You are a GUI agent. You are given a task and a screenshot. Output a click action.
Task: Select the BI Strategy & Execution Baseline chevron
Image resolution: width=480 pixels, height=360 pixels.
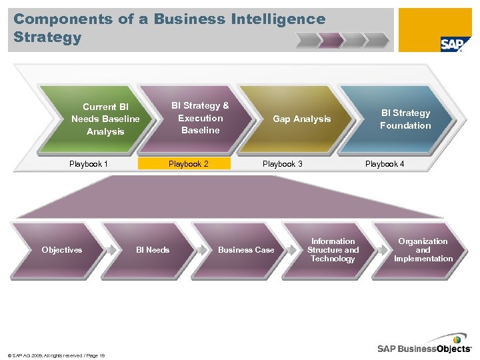point(200,118)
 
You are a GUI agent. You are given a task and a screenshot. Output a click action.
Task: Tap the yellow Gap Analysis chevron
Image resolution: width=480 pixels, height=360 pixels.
point(301,119)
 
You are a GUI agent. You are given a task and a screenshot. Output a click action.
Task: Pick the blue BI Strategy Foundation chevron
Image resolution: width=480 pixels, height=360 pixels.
point(405,119)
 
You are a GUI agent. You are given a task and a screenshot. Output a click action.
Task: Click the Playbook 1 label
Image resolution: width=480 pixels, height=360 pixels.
point(89,164)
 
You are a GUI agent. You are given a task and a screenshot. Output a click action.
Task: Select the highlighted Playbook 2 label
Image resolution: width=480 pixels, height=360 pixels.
point(188,164)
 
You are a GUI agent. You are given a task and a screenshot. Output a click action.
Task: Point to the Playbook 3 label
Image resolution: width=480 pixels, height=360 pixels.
point(282,164)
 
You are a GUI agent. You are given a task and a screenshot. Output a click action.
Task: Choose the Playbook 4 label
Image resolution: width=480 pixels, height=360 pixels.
point(385,164)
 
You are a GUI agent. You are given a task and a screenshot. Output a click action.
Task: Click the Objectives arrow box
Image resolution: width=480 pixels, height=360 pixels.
point(62,250)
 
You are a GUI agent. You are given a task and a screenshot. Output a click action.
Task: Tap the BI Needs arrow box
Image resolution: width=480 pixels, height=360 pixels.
point(153,250)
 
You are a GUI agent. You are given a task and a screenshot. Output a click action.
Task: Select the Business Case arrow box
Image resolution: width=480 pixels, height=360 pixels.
point(246,250)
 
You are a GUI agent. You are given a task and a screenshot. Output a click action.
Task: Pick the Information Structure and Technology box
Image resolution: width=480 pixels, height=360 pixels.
point(333,250)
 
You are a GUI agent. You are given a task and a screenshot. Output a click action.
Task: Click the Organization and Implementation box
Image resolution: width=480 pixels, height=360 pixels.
point(423,250)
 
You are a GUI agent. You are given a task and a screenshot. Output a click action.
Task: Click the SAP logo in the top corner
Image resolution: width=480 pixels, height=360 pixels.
point(451,44)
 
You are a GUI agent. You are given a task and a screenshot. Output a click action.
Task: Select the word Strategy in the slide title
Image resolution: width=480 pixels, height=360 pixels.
point(47,37)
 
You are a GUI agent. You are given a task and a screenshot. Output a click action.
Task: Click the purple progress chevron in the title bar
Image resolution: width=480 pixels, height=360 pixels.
point(331,41)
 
